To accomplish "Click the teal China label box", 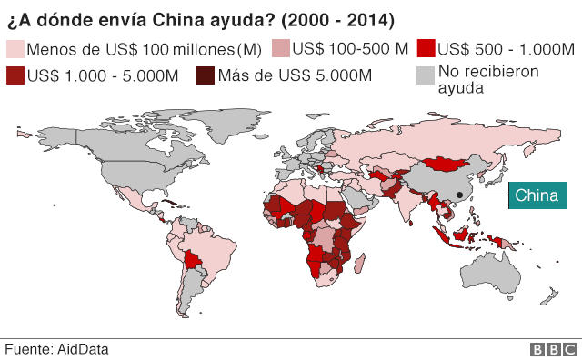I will pyautogui.click(x=537, y=195).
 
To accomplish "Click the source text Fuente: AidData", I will pyautogui.click(x=56, y=349).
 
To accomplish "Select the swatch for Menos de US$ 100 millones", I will pyautogui.click(x=15, y=49).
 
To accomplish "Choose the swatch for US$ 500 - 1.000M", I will pyautogui.click(x=426, y=49).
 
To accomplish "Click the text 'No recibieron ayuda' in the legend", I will pyautogui.click(x=487, y=80).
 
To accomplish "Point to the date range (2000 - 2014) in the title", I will pyautogui.click(x=336, y=18).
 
